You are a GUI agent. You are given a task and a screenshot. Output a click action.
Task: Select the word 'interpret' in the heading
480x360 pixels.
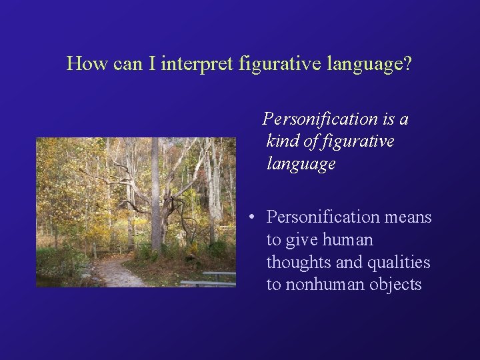(197, 64)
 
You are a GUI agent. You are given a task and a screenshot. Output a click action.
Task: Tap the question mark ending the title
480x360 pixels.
(407, 63)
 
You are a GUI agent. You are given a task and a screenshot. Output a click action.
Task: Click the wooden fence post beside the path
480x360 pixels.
(95, 251)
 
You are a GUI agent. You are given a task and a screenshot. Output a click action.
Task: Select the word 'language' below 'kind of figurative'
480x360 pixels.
(301, 164)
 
